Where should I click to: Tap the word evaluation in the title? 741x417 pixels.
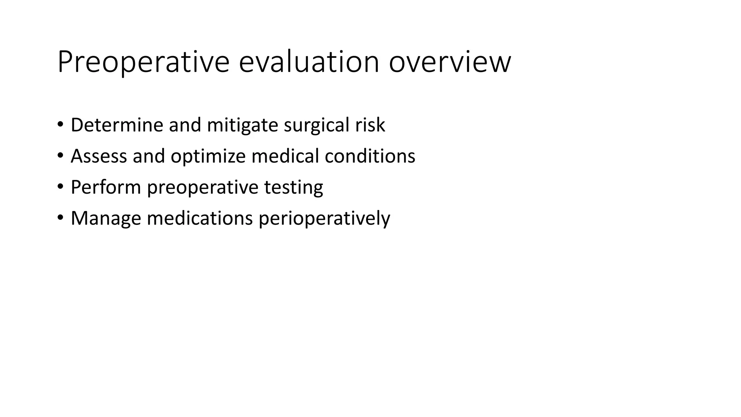pyautogui.click(x=309, y=62)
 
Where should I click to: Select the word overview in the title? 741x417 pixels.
pyautogui.click(x=450, y=62)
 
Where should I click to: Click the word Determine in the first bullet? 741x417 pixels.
pyautogui.click(x=117, y=125)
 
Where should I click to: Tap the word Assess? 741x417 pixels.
pyautogui.click(x=99, y=156)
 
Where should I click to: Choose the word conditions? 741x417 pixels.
pyautogui.click(x=370, y=156)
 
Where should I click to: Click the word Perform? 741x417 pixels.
pyautogui.click(x=106, y=188)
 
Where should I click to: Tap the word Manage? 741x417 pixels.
pyautogui.click(x=106, y=219)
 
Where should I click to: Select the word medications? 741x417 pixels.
pyautogui.click(x=199, y=219)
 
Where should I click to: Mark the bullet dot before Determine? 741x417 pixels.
pyautogui.click(x=60, y=125)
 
